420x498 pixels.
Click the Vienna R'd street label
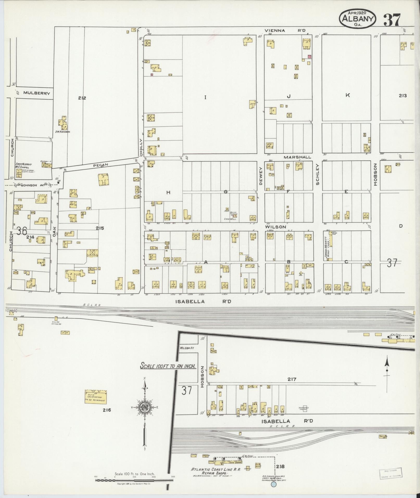pos(285,30)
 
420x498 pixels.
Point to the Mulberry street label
pos(36,93)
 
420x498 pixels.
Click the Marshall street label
pos(297,157)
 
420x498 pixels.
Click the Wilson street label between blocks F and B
pos(276,227)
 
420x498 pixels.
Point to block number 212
pos(82,98)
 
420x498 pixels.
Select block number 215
pos(100,228)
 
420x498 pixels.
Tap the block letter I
pos(205,98)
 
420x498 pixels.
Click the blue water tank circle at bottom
pos(273,484)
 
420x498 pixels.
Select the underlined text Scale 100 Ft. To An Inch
pos(168,366)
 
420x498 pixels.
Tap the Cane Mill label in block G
pos(230,219)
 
